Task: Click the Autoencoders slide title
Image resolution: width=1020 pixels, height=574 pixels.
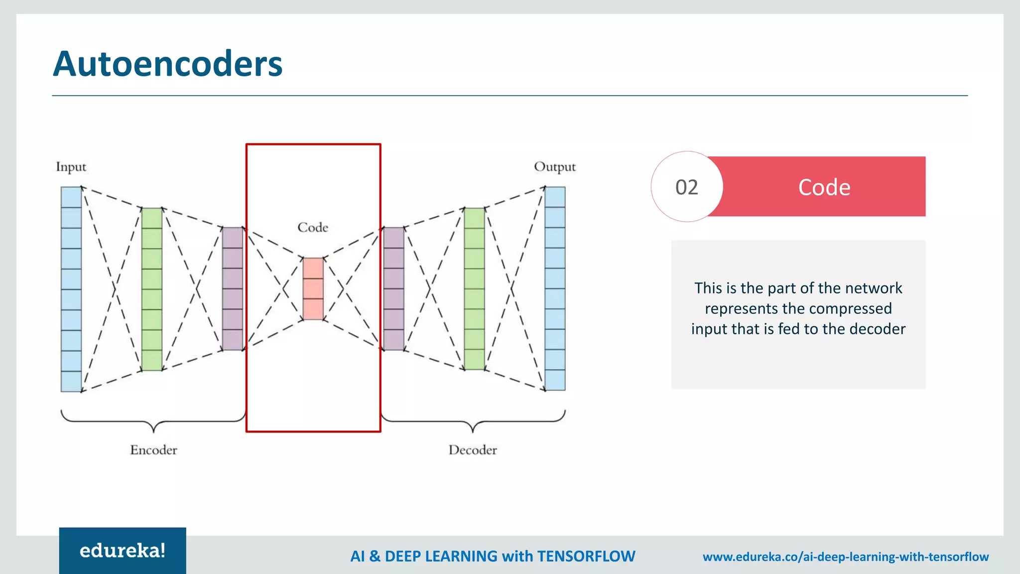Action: (x=167, y=64)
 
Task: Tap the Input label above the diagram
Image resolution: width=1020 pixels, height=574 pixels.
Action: (x=71, y=166)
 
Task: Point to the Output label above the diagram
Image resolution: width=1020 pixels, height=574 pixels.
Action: (x=554, y=166)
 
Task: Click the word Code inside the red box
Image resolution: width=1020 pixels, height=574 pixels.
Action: (x=313, y=227)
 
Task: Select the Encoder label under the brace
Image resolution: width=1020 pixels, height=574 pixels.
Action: (x=153, y=450)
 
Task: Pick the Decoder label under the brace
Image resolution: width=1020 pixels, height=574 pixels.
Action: (x=473, y=450)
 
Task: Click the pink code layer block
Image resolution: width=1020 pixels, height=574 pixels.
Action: (x=313, y=288)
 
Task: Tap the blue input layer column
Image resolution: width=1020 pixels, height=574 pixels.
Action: (x=71, y=289)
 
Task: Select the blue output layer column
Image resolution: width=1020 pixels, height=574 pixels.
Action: (x=555, y=288)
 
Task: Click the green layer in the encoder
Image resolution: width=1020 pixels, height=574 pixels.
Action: (x=152, y=289)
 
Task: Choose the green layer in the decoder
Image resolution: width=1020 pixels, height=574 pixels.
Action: (x=474, y=288)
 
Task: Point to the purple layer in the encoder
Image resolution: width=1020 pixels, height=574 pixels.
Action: (x=233, y=288)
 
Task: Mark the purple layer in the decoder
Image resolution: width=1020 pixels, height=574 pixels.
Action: (x=394, y=288)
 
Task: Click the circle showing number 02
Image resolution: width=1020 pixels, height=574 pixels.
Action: (x=687, y=187)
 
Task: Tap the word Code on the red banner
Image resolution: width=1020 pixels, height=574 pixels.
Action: (x=824, y=187)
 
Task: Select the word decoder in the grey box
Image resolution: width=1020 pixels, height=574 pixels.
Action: (x=877, y=329)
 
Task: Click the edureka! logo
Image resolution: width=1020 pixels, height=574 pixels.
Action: (x=123, y=551)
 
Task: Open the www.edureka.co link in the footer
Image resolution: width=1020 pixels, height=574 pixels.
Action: (x=845, y=557)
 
